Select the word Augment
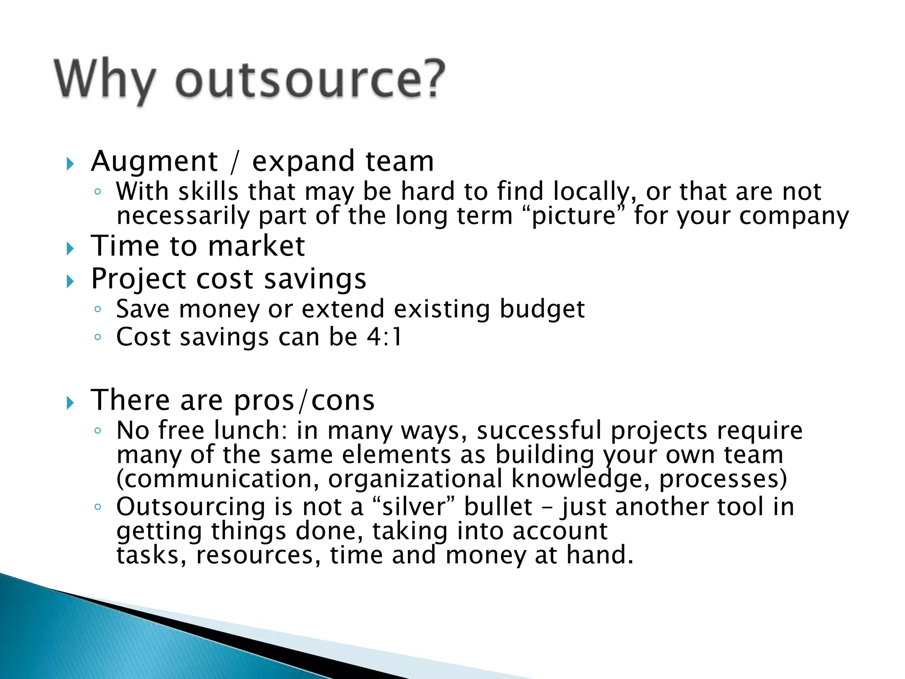154,162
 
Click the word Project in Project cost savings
138,279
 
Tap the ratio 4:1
384,337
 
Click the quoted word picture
574,216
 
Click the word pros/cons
304,401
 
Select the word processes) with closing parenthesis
723,479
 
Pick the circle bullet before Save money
98,309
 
